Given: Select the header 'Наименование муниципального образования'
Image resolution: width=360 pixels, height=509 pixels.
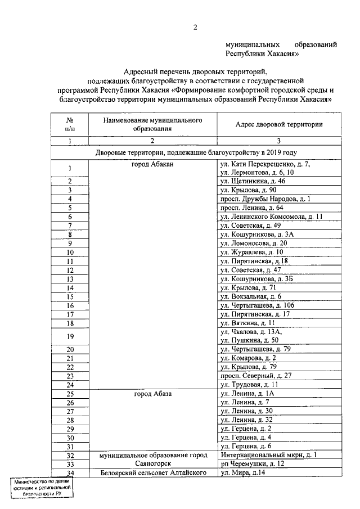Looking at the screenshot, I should [x=152, y=124].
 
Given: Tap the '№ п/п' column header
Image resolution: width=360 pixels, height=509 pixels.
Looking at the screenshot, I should [x=70, y=124].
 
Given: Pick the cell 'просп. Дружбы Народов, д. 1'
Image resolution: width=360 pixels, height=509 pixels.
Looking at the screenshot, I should [x=265, y=199].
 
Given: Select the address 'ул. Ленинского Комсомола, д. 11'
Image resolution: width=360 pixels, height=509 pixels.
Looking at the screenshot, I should [x=271, y=217].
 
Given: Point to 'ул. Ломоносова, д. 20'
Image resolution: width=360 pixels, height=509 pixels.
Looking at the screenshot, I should [x=254, y=243].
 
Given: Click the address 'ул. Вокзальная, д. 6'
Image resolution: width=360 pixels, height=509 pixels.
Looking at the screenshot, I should [x=251, y=296].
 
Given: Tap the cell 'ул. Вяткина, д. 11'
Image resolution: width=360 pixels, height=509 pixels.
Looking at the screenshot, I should [x=247, y=323].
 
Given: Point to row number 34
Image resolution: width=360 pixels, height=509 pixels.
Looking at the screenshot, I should [x=70, y=473].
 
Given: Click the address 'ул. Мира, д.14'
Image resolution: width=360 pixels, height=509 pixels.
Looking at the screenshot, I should [x=242, y=473].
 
